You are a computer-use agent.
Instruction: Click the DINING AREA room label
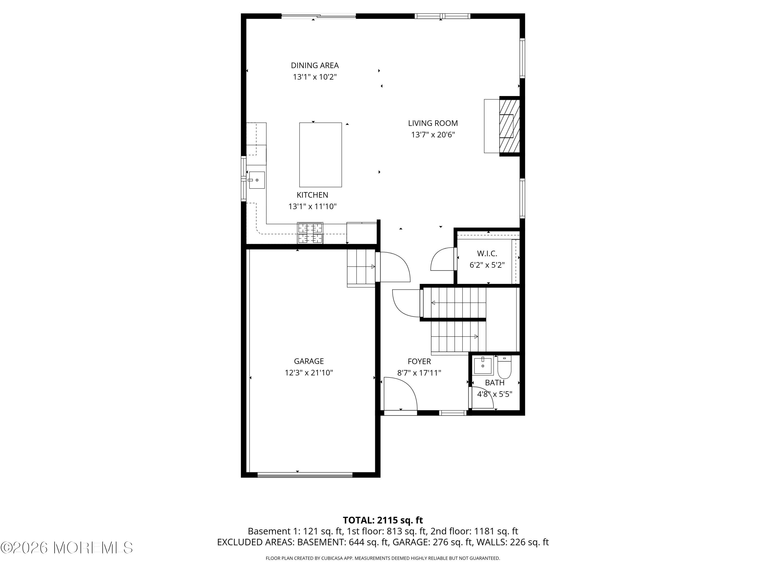(x=315, y=65)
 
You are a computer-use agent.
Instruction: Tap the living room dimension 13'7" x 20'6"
(x=433, y=135)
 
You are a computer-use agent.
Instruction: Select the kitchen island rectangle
(x=321, y=155)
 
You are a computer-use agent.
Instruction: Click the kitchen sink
(x=257, y=180)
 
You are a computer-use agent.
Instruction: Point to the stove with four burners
(x=310, y=233)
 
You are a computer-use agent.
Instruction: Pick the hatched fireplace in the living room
(x=509, y=126)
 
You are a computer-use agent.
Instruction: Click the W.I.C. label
(x=487, y=254)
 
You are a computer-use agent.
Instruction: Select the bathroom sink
(x=483, y=366)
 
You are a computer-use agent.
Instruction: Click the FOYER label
(x=419, y=361)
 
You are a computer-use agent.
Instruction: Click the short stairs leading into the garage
(x=361, y=268)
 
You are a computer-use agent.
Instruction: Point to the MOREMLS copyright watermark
(x=66, y=547)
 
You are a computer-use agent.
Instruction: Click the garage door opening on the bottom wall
(x=305, y=475)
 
